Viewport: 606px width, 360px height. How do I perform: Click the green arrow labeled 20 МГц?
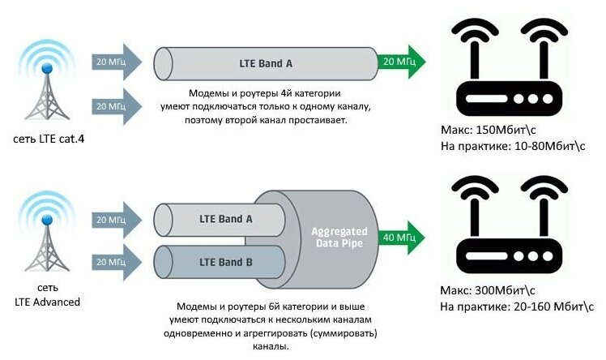coord(400,62)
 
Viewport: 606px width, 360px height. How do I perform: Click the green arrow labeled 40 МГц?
coord(400,238)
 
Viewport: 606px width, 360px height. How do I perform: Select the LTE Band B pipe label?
coord(226,262)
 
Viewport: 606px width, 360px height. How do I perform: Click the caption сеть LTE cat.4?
coord(49,139)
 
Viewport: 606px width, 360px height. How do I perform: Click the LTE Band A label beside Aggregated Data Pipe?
coord(226,218)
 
